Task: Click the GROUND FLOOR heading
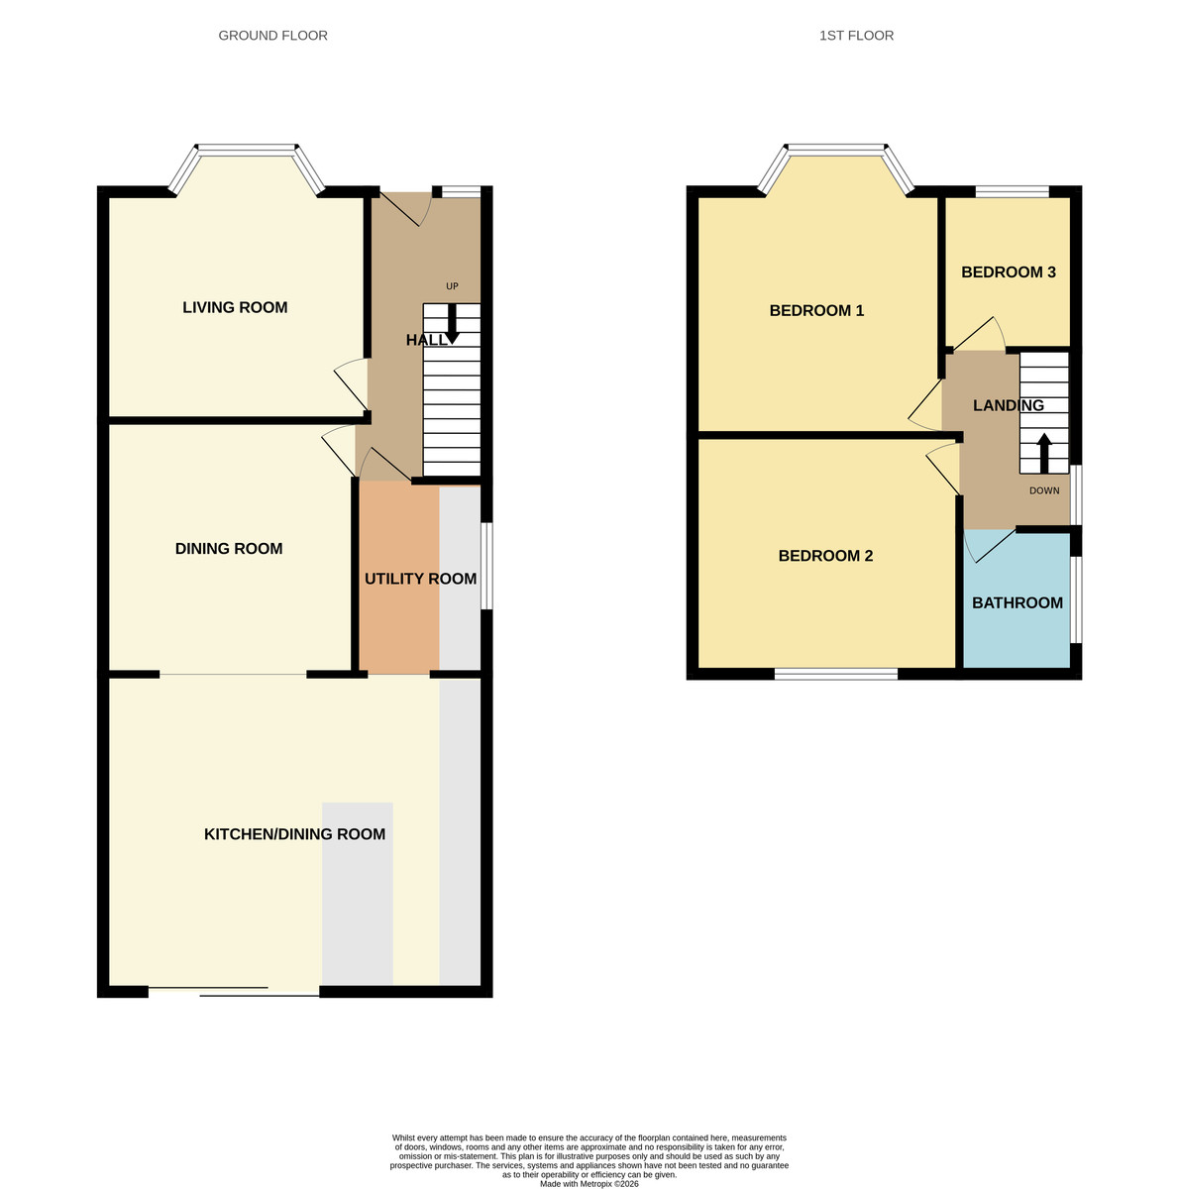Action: (x=272, y=36)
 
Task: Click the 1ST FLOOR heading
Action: (x=856, y=36)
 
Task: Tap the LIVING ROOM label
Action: (x=235, y=308)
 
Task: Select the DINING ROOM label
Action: (x=229, y=549)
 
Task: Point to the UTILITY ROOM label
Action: (x=420, y=579)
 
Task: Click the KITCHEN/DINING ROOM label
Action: (x=294, y=834)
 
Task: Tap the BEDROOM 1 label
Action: (x=816, y=311)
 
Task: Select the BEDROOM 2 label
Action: (x=825, y=556)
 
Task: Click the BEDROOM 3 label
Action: (x=1008, y=272)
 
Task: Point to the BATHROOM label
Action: (x=1017, y=603)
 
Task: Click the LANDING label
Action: (x=1008, y=405)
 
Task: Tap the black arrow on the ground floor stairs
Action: (x=452, y=325)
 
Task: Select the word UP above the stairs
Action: (x=452, y=287)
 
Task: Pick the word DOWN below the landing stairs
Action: (x=1043, y=490)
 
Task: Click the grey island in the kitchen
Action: (x=357, y=892)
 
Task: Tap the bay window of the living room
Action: (x=246, y=151)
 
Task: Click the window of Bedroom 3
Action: (x=1012, y=191)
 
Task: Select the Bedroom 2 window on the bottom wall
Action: (x=835, y=674)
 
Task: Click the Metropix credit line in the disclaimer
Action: (x=589, y=1183)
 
